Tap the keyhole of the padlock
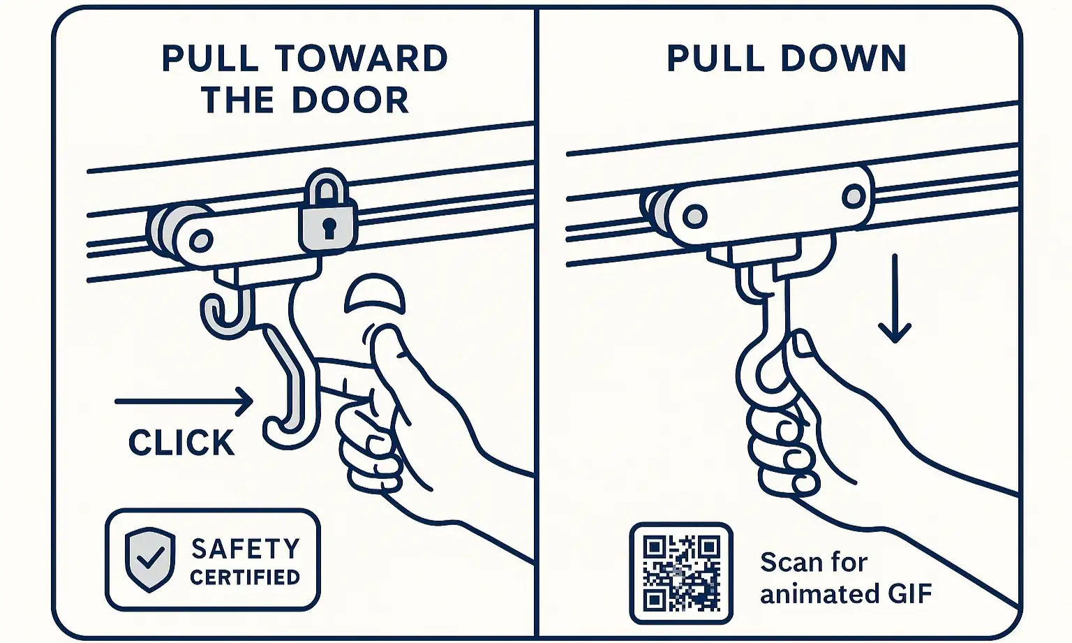pos(329,228)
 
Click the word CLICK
pos(181,443)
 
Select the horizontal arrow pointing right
pos(184,401)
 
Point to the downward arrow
pos(895,299)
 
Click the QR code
pos(681,573)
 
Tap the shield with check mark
pos(150,559)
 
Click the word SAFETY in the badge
pos(246,549)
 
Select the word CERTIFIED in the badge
pos(245,577)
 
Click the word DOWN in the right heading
pos(844,59)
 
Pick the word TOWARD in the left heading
pos(362,59)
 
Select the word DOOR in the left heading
pos(350,100)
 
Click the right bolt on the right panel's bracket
pos(854,196)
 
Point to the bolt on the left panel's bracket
pos(201,240)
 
